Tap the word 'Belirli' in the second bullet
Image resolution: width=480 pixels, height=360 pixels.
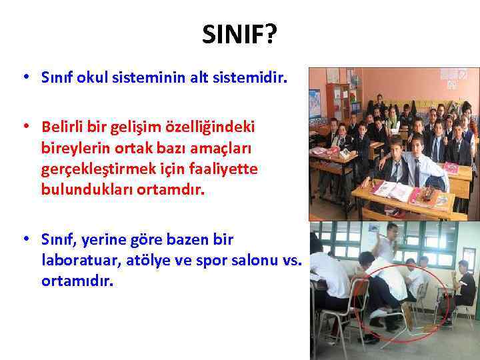[64, 126]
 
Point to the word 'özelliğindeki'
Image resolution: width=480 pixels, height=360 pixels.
[217, 126]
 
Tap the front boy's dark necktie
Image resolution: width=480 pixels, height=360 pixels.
[415, 173]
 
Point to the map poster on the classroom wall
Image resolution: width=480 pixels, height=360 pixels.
[315, 103]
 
